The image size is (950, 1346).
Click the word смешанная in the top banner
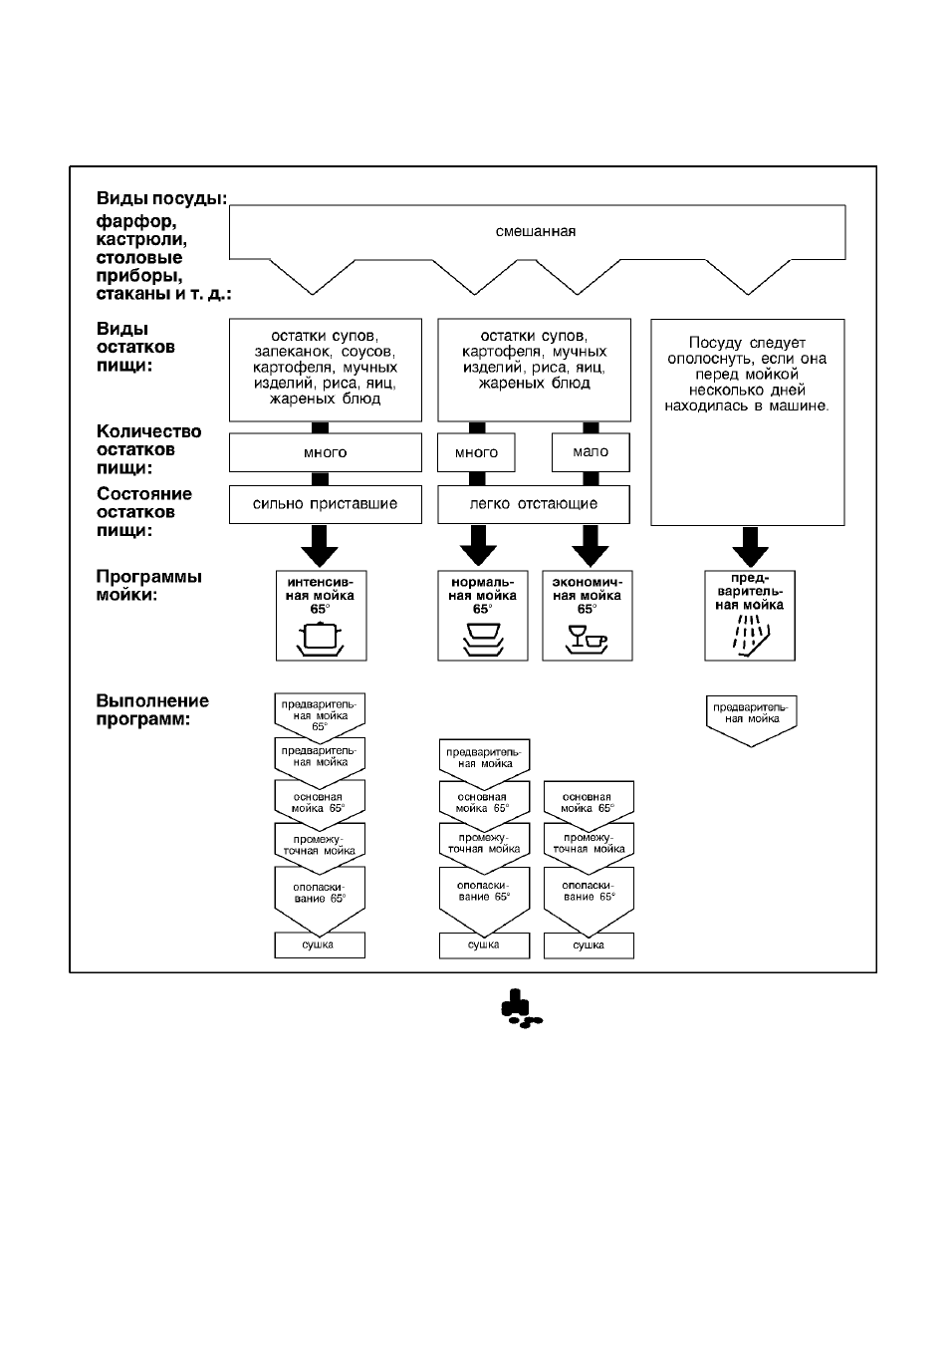[x=535, y=231]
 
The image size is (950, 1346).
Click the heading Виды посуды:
[x=162, y=198]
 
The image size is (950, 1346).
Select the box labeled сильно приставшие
[x=325, y=504]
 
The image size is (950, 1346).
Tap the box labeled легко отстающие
[x=533, y=504]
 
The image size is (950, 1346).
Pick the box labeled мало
[x=591, y=452]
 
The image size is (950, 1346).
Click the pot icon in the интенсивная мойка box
[x=320, y=640]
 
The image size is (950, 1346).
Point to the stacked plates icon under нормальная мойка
[x=483, y=640]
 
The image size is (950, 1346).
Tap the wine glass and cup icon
[x=587, y=640]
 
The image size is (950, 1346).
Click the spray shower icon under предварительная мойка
[x=751, y=635]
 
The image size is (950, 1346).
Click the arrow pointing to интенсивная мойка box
[x=320, y=546]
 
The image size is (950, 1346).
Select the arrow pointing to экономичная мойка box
[x=591, y=546]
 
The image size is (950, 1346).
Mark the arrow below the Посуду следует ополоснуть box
[x=750, y=547]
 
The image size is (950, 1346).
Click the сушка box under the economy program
[x=589, y=945]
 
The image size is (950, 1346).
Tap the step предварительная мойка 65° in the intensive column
[x=320, y=715]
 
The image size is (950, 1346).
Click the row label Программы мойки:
[x=149, y=586]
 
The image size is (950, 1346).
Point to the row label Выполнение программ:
[x=152, y=709]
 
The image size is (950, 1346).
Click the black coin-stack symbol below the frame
[x=521, y=1009]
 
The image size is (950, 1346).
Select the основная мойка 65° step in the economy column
[x=589, y=803]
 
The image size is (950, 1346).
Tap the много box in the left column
[x=325, y=452]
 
